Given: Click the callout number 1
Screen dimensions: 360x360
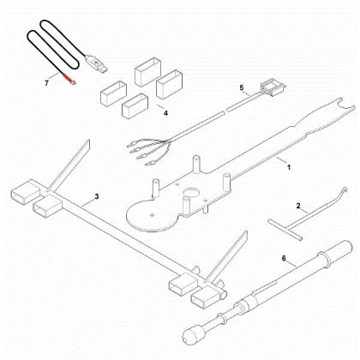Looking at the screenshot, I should pos(289,165).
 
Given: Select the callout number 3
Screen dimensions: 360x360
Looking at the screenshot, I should pos(97,197).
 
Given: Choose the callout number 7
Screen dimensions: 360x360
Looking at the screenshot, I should pos(46,81).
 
